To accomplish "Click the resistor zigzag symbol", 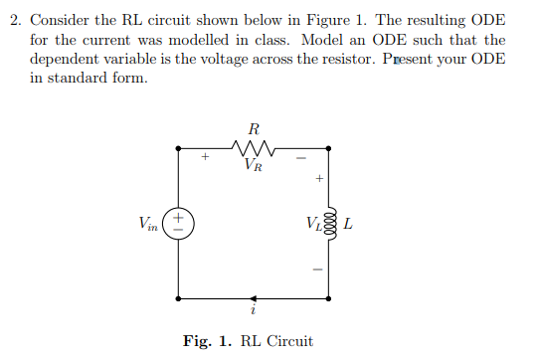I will click(x=253, y=149).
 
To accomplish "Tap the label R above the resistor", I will click(x=254, y=128).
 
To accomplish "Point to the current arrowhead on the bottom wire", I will click(x=255, y=297).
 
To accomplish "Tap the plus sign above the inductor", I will click(x=318, y=180).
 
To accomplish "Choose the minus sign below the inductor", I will click(x=318, y=267).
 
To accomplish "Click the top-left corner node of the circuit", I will click(x=178, y=149).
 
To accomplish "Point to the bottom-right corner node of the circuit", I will click(x=329, y=297).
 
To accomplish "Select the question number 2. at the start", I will click(x=16, y=22).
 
